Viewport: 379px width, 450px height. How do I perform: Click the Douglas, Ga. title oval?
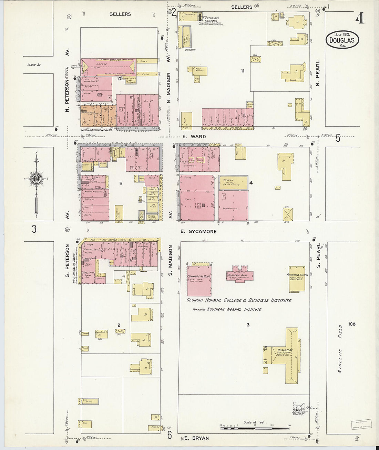click(x=342, y=40)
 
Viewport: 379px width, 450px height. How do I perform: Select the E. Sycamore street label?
click(x=198, y=231)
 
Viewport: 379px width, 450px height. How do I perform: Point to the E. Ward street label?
click(x=195, y=137)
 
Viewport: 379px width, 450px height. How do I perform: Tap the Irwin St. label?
click(x=34, y=64)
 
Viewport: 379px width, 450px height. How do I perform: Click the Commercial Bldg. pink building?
click(x=199, y=281)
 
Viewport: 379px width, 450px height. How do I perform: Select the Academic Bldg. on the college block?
click(x=240, y=274)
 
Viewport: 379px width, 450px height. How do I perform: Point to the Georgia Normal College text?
click(x=238, y=300)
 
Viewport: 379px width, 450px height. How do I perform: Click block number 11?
click(x=243, y=71)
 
